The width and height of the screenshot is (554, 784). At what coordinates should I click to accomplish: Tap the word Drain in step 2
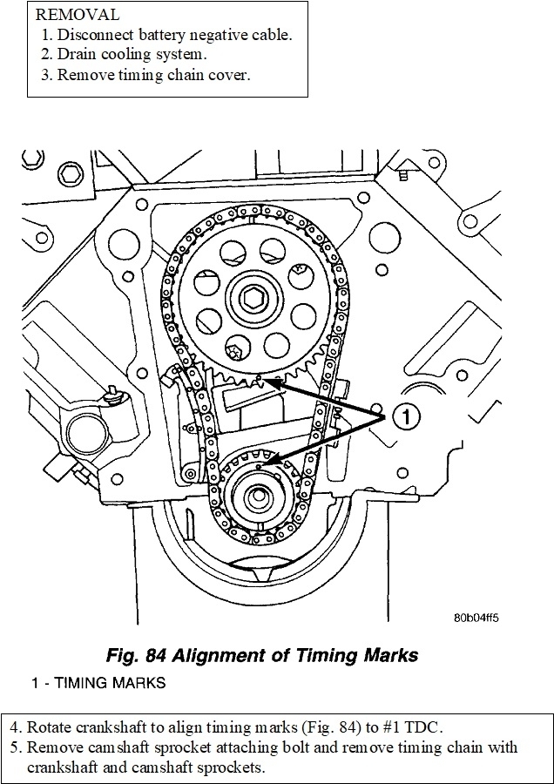click(x=77, y=55)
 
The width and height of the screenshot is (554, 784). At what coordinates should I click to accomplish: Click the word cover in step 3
click(x=227, y=74)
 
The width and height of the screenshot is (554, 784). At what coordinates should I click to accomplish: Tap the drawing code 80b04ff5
click(x=476, y=618)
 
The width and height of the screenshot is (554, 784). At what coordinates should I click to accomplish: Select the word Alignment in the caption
click(x=221, y=655)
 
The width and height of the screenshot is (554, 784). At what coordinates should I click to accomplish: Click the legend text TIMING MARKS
click(x=110, y=683)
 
